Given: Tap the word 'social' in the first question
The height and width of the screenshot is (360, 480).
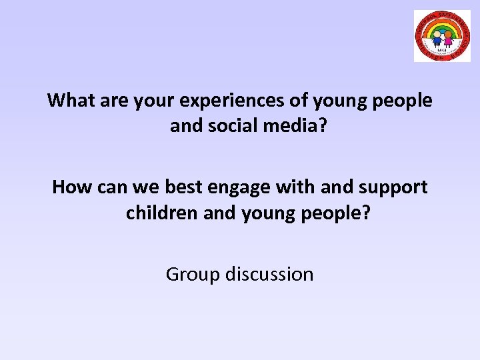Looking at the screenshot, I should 235,125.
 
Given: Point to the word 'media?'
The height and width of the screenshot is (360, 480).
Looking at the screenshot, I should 296,125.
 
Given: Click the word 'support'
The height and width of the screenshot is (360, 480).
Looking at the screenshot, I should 393,187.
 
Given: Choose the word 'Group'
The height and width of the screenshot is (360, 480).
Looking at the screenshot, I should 193,274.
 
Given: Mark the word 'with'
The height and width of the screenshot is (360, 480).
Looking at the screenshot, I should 299,187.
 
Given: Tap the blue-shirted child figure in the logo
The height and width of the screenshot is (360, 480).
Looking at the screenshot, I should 437,39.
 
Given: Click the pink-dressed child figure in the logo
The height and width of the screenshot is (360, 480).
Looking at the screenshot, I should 448,39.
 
